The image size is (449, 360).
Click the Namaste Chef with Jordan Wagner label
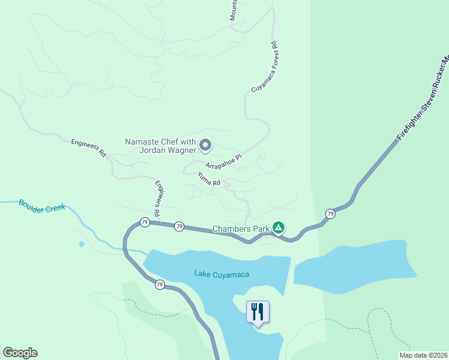(160, 146)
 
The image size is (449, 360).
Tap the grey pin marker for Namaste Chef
(205, 145)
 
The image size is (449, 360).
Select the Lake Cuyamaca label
(221, 274)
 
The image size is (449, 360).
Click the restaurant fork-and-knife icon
(258, 311)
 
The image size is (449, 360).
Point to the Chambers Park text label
(241, 229)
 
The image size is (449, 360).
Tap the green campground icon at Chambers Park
(278, 228)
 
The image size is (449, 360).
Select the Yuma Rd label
(209, 178)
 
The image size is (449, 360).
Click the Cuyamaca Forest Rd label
(264, 67)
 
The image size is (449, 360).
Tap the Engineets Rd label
(88, 148)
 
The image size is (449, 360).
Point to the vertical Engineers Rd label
(157, 198)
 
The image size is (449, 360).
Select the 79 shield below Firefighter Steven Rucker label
(330, 214)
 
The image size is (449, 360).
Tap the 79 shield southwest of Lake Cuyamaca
(159, 284)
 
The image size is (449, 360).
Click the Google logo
(20, 353)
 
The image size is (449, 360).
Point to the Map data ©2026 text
(423, 355)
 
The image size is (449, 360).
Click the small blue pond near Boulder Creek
(81, 244)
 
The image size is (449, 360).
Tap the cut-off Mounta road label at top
(234, 10)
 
